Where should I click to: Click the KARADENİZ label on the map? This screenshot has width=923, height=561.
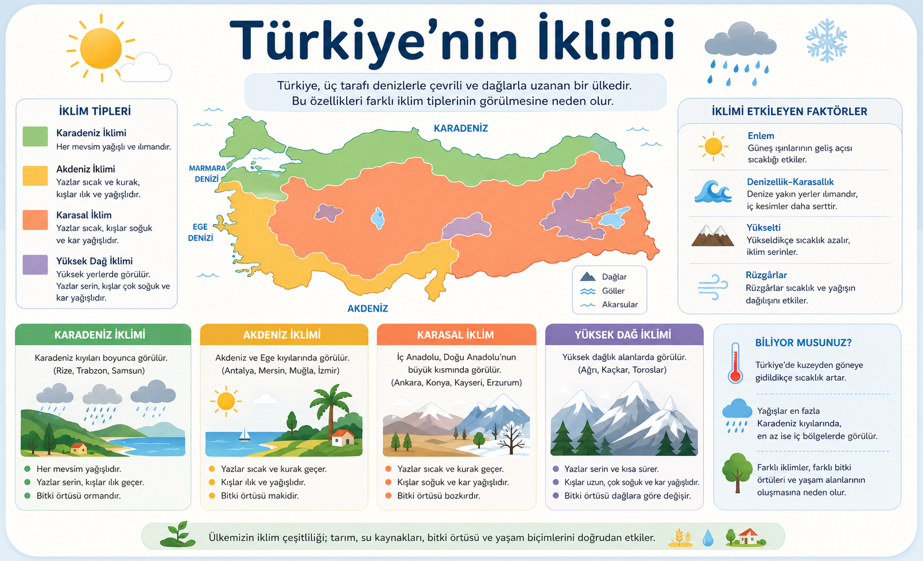click(x=460, y=128)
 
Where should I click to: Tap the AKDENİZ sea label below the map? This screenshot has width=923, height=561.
click(x=367, y=309)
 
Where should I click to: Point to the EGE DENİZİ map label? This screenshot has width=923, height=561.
click(x=200, y=232)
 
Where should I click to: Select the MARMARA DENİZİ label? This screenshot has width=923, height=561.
click(x=207, y=173)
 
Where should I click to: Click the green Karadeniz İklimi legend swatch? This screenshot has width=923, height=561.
click(x=35, y=137)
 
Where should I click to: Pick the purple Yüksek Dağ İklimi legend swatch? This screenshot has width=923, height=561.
click(x=35, y=264)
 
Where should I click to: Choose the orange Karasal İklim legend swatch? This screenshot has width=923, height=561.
click(x=35, y=220)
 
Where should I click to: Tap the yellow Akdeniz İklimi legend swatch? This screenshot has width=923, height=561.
click(x=35, y=176)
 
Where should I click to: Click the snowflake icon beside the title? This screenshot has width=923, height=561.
click(x=826, y=41)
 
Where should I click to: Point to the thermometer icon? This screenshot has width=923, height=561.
click(x=735, y=363)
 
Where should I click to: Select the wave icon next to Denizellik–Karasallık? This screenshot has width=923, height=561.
click(x=713, y=192)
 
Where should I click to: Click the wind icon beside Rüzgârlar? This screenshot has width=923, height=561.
click(x=712, y=287)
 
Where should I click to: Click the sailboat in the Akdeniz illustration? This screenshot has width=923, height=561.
click(x=245, y=434)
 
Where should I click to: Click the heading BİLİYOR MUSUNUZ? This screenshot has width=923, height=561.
click(x=803, y=343)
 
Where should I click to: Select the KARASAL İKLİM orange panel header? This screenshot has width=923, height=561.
click(x=456, y=335)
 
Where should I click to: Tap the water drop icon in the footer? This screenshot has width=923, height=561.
click(x=708, y=537)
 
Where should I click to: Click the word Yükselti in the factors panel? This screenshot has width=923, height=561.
click(x=763, y=228)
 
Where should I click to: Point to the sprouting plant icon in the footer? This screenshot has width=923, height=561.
click(x=178, y=534)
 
